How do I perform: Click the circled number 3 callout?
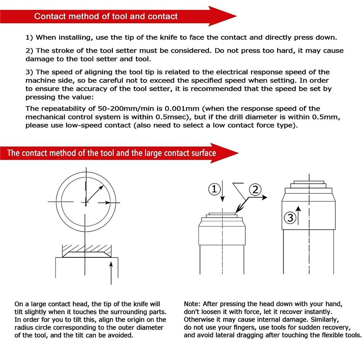[x=290, y=217]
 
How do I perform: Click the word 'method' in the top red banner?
[x=84, y=16]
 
